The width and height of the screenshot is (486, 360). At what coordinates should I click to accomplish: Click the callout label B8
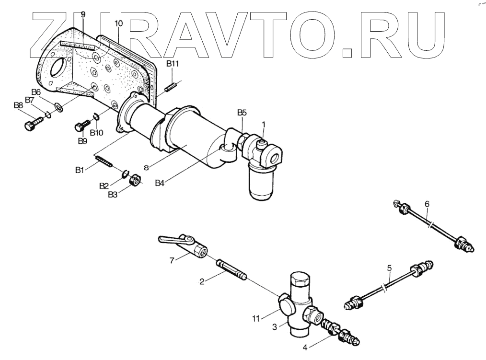[18, 105]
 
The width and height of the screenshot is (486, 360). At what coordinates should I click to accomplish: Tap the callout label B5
[242, 113]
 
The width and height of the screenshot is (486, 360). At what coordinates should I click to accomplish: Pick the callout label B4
[161, 183]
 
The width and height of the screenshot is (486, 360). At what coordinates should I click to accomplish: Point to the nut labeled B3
[135, 181]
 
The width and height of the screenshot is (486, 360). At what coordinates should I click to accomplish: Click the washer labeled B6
[59, 107]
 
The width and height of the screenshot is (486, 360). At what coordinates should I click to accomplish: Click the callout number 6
[427, 204]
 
